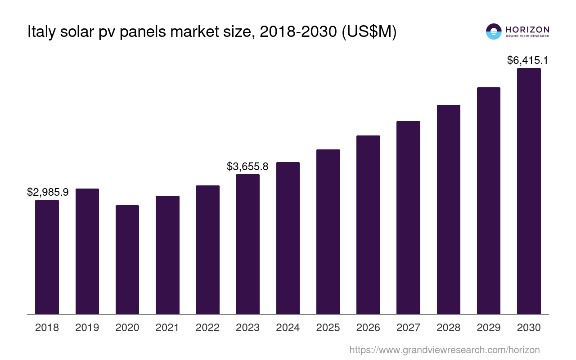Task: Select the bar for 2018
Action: [x=47, y=257]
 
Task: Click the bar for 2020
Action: [x=127, y=260]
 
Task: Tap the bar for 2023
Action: [x=247, y=244]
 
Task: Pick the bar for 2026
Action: [x=368, y=225]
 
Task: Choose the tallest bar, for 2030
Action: [x=529, y=191]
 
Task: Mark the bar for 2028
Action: [x=448, y=209]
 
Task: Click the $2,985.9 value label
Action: [x=48, y=193]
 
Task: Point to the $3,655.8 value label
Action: [x=247, y=167]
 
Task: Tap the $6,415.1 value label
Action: [x=527, y=60]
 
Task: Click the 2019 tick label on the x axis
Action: [x=87, y=328]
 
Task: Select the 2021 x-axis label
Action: [x=167, y=328]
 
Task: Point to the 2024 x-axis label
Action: [x=288, y=328]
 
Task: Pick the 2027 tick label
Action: [x=408, y=328]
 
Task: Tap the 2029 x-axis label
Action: [x=489, y=328]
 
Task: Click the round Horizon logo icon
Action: [x=494, y=31]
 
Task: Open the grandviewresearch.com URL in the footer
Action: [x=444, y=350]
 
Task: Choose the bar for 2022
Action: [x=207, y=250]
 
